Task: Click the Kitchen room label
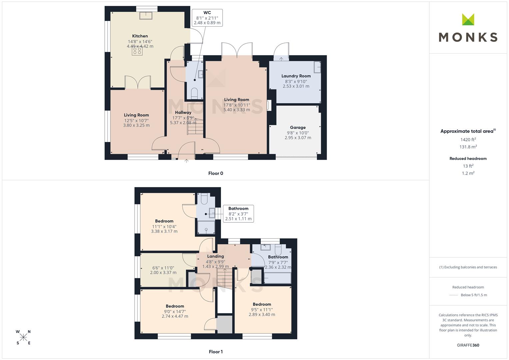pyautogui.click(x=140, y=36)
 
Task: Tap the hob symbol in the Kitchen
pyautogui.click(x=137, y=51)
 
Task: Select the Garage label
pyautogui.click(x=298, y=127)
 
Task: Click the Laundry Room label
pyautogui.click(x=296, y=76)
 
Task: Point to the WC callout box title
pyautogui.click(x=207, y=13)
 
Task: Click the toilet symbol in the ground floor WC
pyautogui.click(x=194, y=92)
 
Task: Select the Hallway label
pyautogui.click(x=183, y=112)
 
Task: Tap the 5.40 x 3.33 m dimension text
pyautogui.click(x=236, y=110)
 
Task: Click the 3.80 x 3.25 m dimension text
pyautogui.click(x=136, y=125)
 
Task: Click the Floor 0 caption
pyautogui.click(x=216, y=173)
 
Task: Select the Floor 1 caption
pyautogui.click(x=216, y=352)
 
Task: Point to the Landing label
pyautogui.click(x=215, y=256)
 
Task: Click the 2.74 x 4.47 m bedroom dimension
pyautogui.click(x=175, y=316)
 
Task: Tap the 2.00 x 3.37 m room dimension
pyautogui.click(x=163, y=272)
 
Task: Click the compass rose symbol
pyautogui.click(x=23, y=337)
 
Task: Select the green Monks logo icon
pyautogui.click(x=468, y=20)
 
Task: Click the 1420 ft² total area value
pyautogui.click(x=468, y=140)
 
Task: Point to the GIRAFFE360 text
pyautogui.click(x=468, y=345)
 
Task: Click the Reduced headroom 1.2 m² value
pyautogui.click(x=468, y=173)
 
